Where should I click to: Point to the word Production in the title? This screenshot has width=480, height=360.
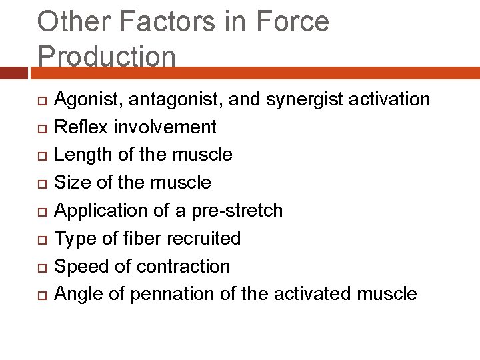107,56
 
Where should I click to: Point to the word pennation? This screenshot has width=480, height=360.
167,295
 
